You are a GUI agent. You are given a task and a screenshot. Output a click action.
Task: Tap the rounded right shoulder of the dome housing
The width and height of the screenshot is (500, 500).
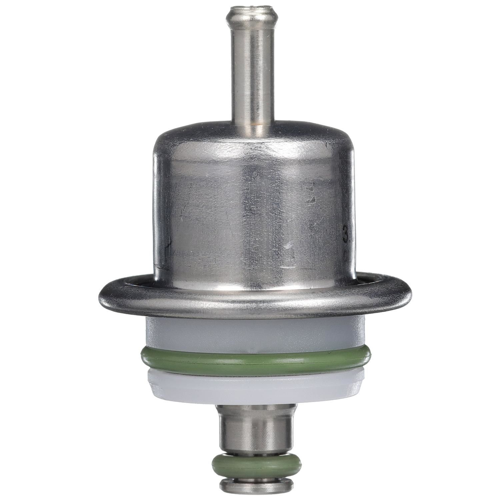345,147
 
